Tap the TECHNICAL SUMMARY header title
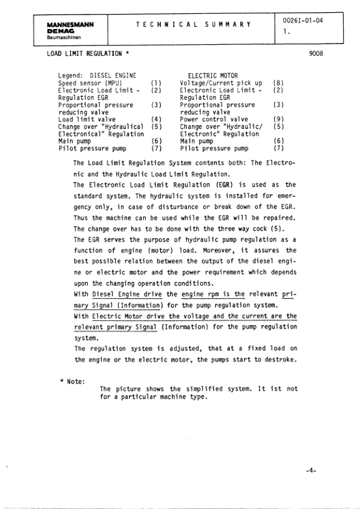coord(193,23)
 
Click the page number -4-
coord(312,470)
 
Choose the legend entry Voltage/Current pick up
coord(221,82)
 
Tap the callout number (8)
coord(278,82)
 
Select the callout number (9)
coord(278,119)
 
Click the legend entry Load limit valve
coord(88,119)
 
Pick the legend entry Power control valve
coord(215,119)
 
